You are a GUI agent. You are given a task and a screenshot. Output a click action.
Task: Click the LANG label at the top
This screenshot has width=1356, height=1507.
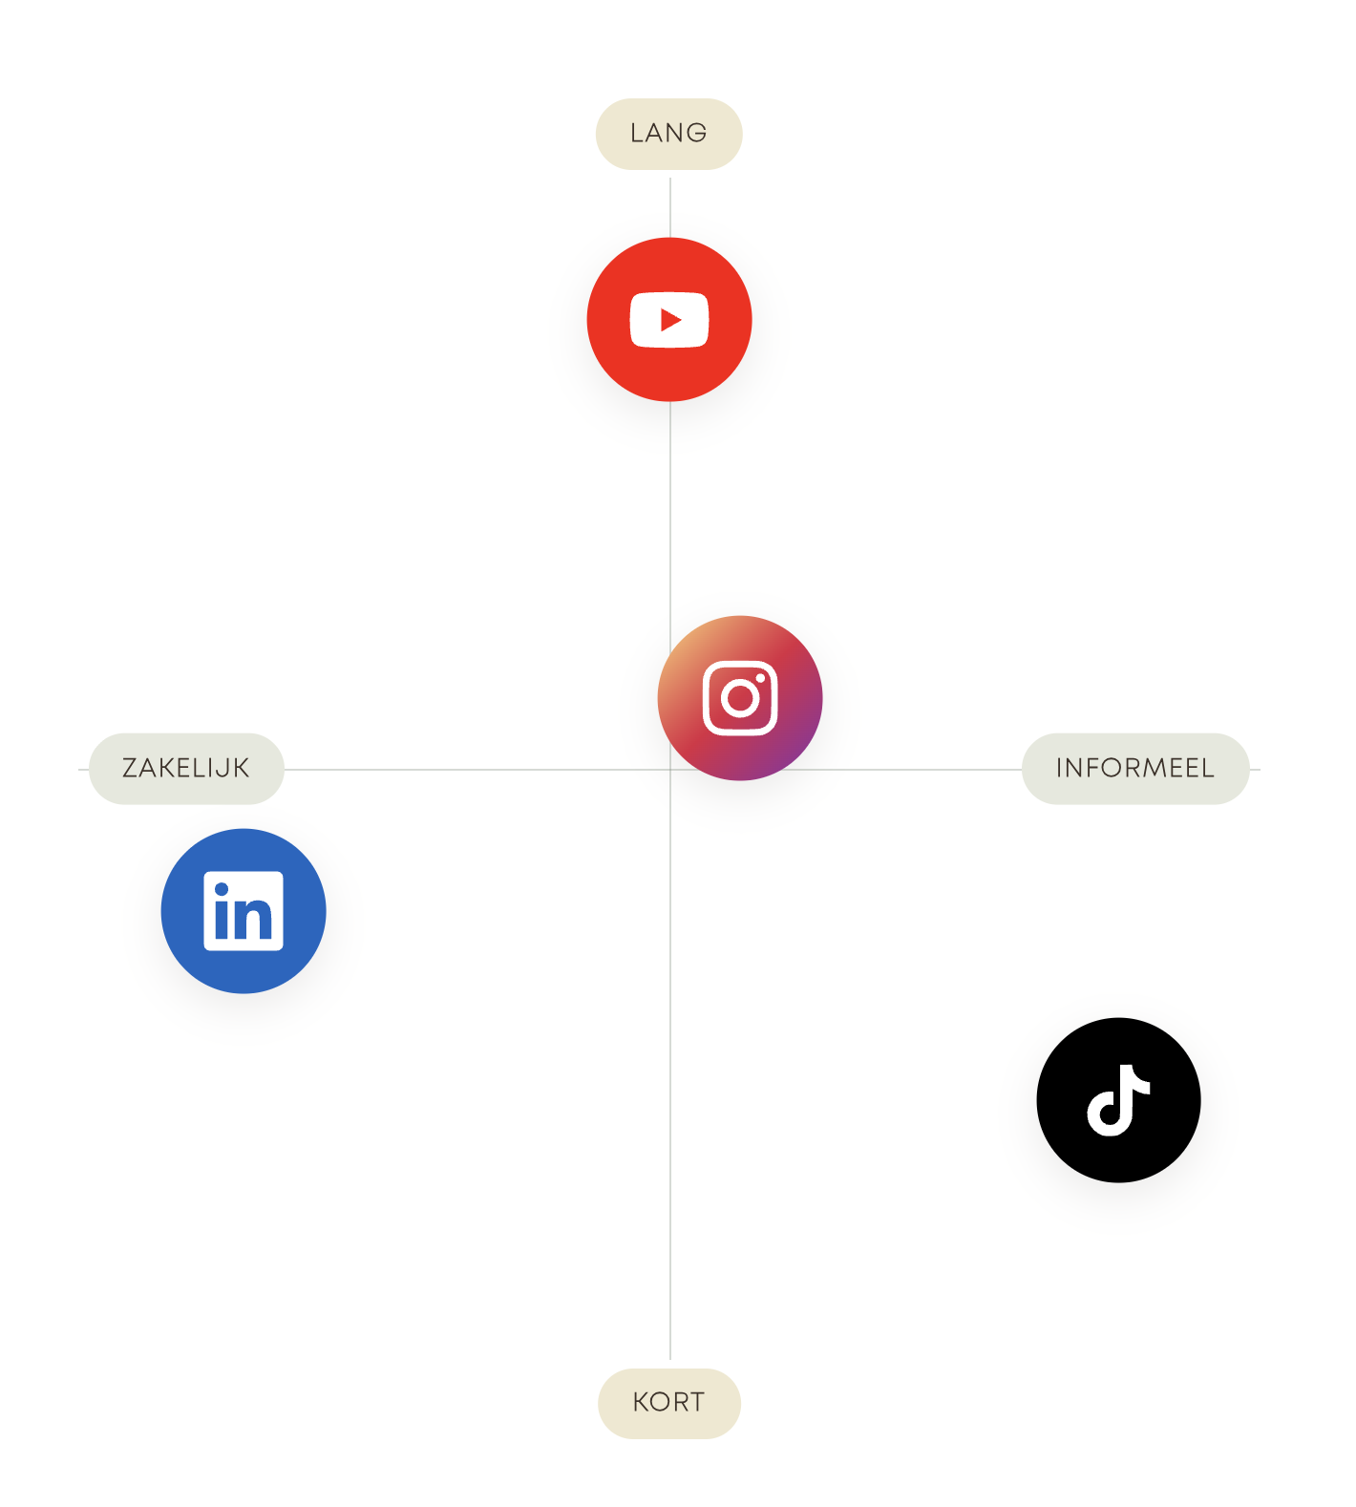tap(668, 134)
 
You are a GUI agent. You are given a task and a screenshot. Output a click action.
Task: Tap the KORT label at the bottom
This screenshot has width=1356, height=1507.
tap(668, 1403)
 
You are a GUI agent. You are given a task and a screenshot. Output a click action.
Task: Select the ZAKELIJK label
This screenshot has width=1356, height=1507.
tap(186, 769)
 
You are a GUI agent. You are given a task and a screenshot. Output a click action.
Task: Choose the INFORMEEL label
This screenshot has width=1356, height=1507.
tap(1135, 769)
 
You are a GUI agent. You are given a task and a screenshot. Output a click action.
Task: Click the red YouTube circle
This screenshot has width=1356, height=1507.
tap(669, 319)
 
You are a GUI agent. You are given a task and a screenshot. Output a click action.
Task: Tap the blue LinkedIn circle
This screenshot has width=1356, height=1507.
tap(244, 911)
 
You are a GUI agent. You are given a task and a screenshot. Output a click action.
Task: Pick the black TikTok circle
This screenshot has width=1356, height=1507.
tap(1118, 1100)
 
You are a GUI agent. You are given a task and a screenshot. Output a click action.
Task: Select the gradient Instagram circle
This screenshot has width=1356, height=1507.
tap(740, 698)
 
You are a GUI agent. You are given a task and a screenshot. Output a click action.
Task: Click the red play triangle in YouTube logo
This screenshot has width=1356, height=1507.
tap(671, 320)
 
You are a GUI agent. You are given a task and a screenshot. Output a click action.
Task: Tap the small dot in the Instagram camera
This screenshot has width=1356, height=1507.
tap(760, 679)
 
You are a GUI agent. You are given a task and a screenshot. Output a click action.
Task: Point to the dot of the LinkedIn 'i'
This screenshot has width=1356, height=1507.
tap(222, 889)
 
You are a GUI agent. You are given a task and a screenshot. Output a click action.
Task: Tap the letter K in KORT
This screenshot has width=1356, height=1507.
tap(642, 1403)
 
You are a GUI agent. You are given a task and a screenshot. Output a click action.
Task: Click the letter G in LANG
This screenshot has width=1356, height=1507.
tap(697, 133)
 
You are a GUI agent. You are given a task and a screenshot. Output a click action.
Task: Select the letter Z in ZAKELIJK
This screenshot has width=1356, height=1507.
tap(132, 768)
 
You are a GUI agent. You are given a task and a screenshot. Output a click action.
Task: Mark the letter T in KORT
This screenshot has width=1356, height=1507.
tap(695, 1403)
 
